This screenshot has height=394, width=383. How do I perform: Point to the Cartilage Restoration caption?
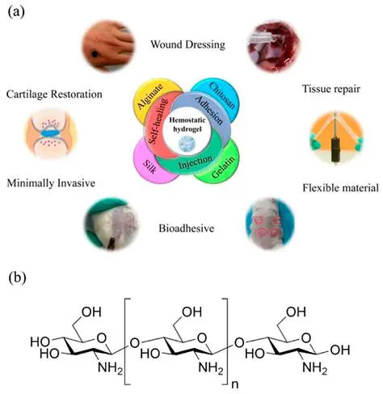pos(53,94)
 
